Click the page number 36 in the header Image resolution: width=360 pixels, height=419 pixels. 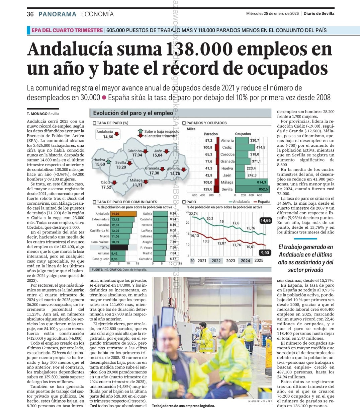[x=30, y=14]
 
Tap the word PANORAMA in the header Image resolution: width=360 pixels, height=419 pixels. [x=57, y=14]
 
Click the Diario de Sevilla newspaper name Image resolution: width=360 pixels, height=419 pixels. [x=319, y=13]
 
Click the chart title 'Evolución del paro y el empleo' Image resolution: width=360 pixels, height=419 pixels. [x=133, y=113]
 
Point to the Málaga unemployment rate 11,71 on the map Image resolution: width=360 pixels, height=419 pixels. [x=137, y=185]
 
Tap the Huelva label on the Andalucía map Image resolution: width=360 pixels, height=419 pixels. [x=99, y=160]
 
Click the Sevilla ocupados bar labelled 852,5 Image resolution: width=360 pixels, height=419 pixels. [x=252, y=189]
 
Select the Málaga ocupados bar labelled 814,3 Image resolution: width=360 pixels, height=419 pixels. [x=251, y=182]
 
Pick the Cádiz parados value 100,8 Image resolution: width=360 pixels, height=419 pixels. [x=208, y=147]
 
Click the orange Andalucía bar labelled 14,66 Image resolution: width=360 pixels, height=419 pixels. [x=123, y=214]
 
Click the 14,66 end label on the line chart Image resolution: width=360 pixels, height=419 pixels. [x=265, y=220]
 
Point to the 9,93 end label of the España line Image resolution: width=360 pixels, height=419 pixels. [x=265, y=253]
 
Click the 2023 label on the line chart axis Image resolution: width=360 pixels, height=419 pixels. [x=231, y=261]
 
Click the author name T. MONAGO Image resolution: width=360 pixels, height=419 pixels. [x=37, y=114]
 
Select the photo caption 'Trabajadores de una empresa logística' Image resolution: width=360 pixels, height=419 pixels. [x=183, y=406]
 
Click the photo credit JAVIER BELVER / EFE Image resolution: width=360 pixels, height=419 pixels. [x=260, y=401]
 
